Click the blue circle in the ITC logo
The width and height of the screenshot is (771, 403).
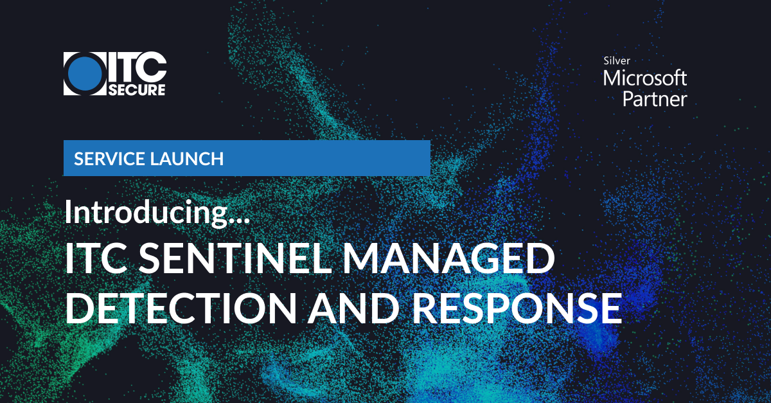(86, 73)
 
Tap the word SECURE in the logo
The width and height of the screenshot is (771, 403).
(136, 89)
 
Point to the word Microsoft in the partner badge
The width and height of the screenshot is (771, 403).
(644, 78)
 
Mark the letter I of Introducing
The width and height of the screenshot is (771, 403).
(68, 212)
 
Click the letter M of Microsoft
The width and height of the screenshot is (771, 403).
(612, 78)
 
